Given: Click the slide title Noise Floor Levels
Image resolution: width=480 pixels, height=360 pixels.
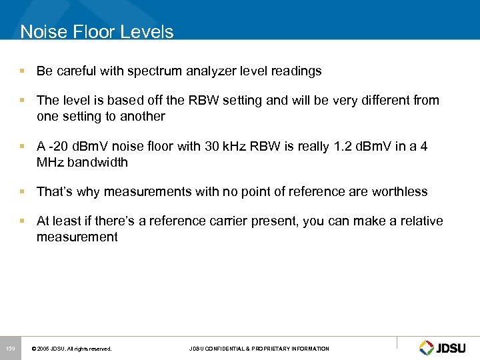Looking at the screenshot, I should click(x=97, y=32).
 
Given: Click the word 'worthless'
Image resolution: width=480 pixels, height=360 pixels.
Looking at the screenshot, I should click(x=399, y=192).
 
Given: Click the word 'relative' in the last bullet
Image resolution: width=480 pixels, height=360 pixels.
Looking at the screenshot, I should click(x=421, y=221).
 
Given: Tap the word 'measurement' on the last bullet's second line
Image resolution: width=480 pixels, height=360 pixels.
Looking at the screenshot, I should click(x=77, y=237).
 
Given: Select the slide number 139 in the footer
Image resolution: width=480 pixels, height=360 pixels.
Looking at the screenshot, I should click(x=10, y=349).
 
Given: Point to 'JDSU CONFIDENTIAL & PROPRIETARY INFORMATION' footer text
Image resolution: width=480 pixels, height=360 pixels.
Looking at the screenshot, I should click(x=259, y=349).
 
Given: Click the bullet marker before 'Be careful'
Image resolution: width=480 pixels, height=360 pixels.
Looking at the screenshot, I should click(x=23, y=71).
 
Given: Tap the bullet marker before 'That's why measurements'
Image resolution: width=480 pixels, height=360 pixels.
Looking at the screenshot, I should click(x=23, y=192).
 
